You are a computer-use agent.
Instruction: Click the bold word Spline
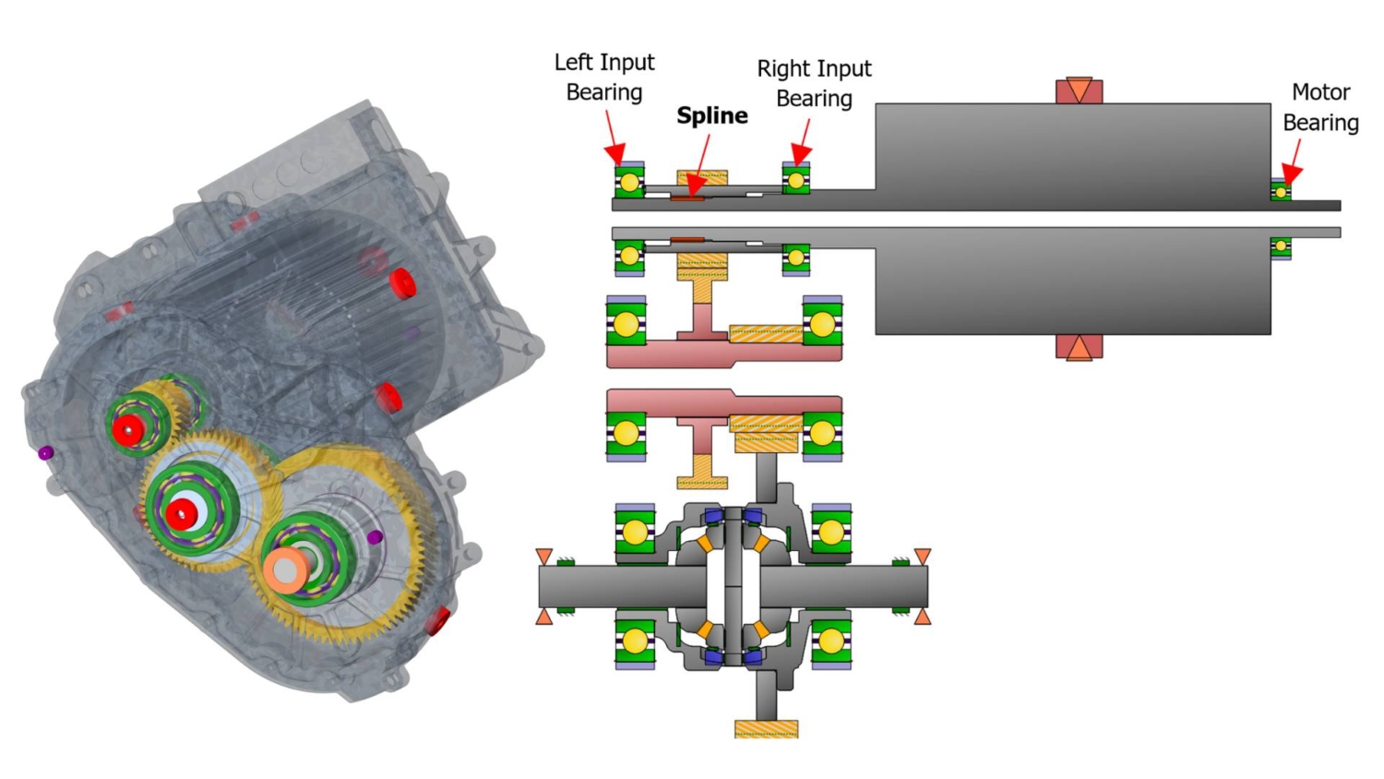coord(711,115)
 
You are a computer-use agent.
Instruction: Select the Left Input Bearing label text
coord(604,77)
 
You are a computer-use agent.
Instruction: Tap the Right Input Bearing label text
coord(814,83)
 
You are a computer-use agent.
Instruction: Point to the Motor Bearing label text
coord(1320,107)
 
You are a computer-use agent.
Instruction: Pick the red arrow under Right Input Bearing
coord(803,143)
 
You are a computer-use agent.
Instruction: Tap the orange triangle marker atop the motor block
coord(1079,90)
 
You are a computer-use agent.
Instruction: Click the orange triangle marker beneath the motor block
coord(1079,347)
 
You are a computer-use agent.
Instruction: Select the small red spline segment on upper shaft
coord(687,198)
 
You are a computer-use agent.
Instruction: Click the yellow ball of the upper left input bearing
coord(629,183)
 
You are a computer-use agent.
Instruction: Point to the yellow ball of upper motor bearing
coord(1281,192)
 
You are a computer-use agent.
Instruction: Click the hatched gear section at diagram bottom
coord(766,729)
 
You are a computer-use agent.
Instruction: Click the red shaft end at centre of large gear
coord(181,513)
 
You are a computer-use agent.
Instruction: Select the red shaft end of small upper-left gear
coord(127,429)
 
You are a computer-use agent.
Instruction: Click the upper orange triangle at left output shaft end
coord(544,556)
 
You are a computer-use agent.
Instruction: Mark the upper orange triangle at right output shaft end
coord(922,556)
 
